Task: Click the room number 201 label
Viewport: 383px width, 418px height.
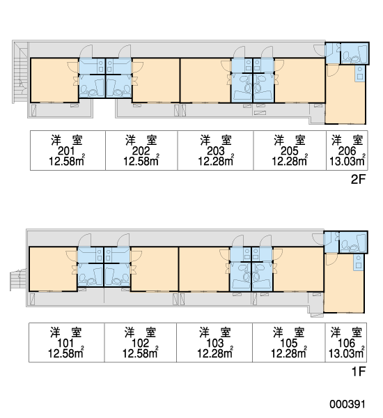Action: [x=66, y=151]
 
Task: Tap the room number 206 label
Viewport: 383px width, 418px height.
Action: [x=347, y=151]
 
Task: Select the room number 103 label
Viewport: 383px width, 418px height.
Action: [x=214, y=343]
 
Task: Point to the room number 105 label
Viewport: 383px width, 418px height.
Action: [x=289, y=343]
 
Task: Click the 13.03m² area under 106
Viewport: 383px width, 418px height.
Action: [x=347, y=353]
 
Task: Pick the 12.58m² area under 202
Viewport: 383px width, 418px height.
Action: [x=141, y=160]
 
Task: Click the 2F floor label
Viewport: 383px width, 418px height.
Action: [x=358, y=180]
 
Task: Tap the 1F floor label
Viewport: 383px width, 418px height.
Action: [x=359, y=371]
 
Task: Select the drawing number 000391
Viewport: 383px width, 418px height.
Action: [x=347, y=404]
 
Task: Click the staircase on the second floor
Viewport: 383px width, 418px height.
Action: [x=20, y=72]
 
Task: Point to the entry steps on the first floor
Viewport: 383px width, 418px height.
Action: [x=18, y=279]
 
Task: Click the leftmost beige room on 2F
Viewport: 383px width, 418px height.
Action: [x=54, y=80]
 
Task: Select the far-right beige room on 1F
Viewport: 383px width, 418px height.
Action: [x=344, y=283]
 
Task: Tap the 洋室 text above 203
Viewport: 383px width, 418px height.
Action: [x=216, y=140]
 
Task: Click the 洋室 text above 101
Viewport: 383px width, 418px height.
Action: [x=66, y=332]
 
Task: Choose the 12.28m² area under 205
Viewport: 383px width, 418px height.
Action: [x=290, y=160]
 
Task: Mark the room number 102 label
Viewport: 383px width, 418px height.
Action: [x=140, y=343]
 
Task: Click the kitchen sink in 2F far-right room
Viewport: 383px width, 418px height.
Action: [x=360, y=73]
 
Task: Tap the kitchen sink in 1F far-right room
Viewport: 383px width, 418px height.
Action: [x=359, y=262]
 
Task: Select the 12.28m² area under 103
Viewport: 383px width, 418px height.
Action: [x=214, y=353]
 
